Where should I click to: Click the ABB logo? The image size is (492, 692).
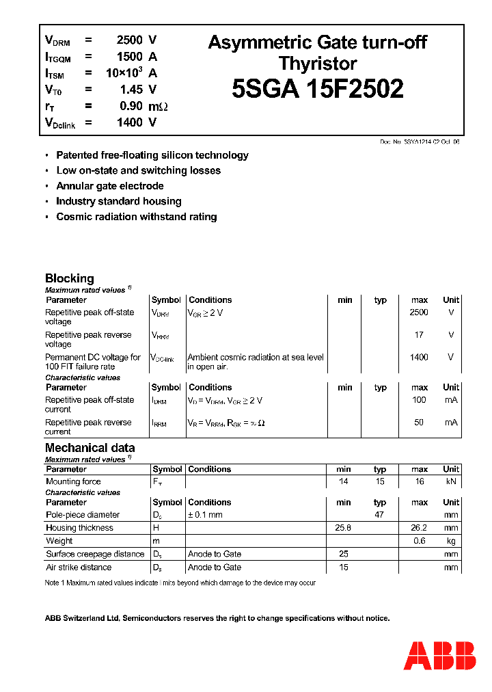point(439,656)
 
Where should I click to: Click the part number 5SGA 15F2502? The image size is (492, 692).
point(317,90)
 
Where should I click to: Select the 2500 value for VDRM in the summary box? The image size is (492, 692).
point(129,40)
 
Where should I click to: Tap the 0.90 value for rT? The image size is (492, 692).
point(131,106)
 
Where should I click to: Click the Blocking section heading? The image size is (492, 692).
point(69,278)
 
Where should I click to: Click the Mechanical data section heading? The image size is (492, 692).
point(90,448)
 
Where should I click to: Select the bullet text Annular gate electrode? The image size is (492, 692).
point(109,186)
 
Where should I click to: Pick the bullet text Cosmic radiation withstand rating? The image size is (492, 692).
point(136,217)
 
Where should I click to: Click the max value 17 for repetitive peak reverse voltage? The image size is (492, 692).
point(419,335)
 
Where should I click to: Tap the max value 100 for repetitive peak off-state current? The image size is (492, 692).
point(419,400)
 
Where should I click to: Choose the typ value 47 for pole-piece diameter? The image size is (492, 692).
point(379,515)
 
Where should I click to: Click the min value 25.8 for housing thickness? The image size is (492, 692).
point(343,528)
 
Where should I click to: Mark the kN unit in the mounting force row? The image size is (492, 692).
point(451,482)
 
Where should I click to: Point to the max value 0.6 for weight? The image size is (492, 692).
point(419,541)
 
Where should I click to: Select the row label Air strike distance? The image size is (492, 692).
point(78,567)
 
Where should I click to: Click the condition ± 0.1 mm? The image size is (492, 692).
point(205,515)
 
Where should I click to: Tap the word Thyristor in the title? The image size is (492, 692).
point(317,64)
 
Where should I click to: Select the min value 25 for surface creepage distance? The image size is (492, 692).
point(343,554)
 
